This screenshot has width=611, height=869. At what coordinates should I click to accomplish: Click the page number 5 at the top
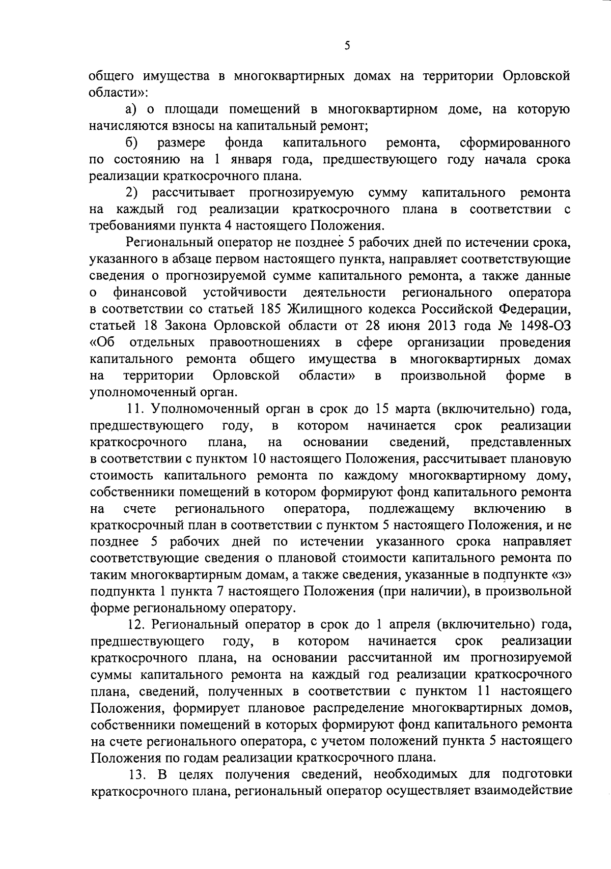click(x=347, y=46)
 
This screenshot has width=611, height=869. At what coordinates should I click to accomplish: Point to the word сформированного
click(x=514, y=143)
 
